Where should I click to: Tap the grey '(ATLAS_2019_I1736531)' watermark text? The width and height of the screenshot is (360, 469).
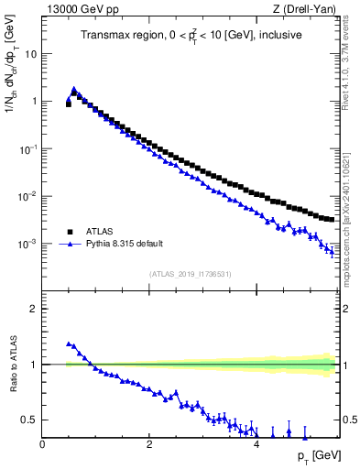tap(191, 274)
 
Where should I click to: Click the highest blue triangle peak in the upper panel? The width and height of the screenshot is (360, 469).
tap(74, 90)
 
